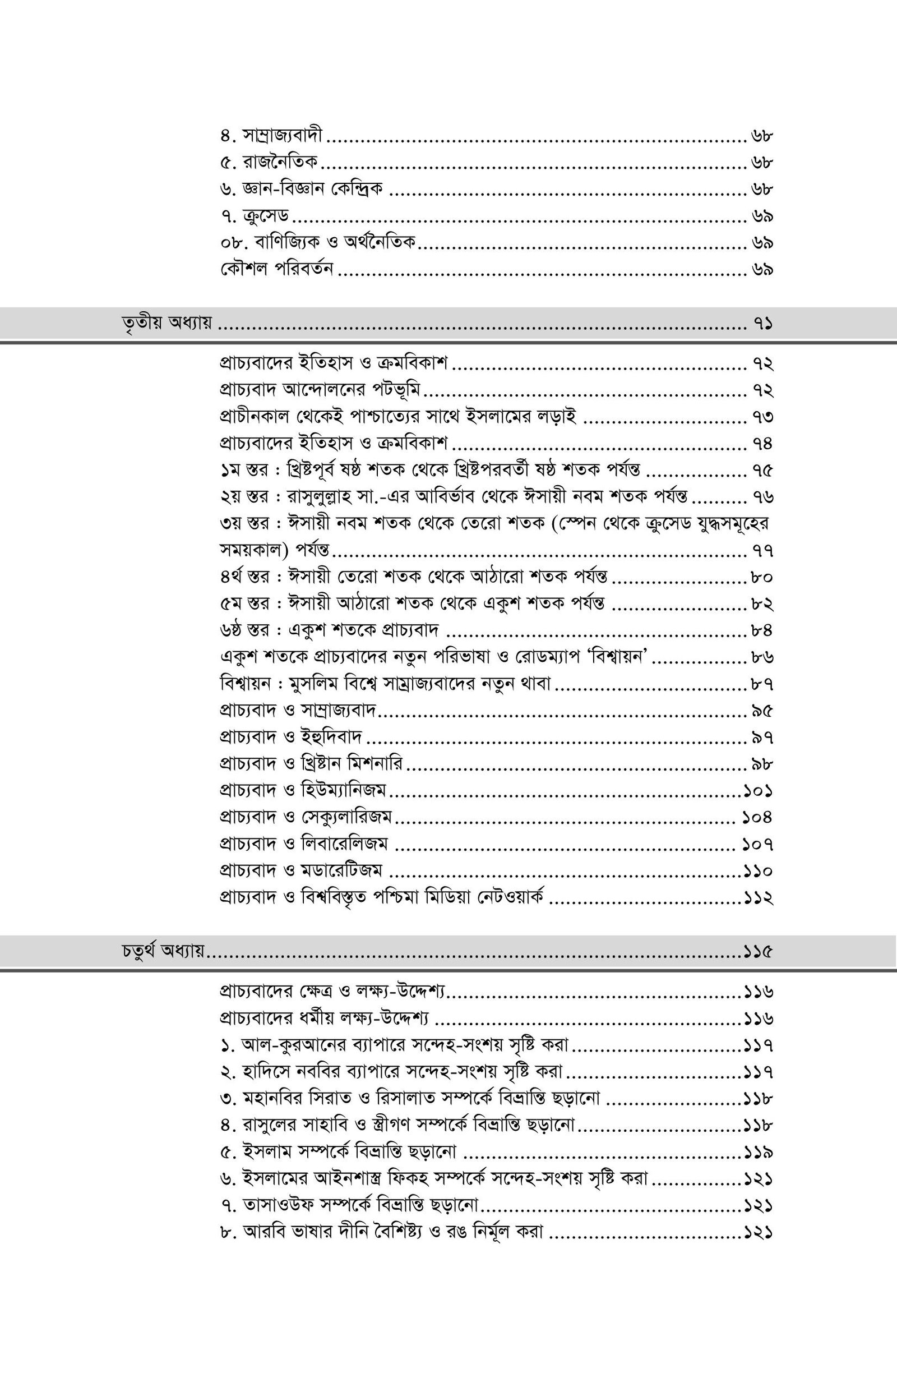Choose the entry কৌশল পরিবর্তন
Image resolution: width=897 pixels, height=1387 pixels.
(x=277, y=270)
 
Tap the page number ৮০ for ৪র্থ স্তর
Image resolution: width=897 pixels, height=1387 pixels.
(x=762, y=577)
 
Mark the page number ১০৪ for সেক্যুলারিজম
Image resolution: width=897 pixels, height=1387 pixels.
(x=757, y=818)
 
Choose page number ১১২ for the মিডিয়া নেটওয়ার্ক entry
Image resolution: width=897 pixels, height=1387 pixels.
(x=758, y=898)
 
